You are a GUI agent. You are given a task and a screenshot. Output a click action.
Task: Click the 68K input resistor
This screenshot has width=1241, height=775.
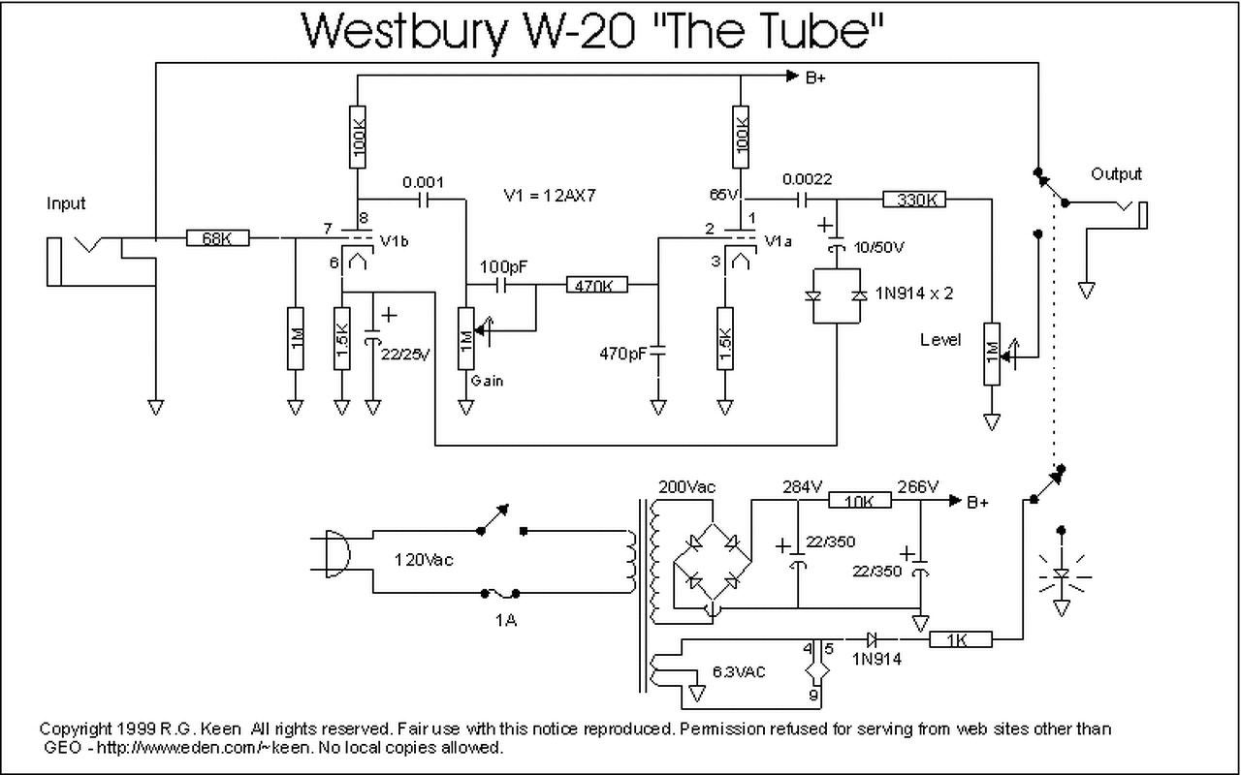[x=218, y=238]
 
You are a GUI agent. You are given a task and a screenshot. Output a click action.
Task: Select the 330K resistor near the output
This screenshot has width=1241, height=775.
[x=914, y=199]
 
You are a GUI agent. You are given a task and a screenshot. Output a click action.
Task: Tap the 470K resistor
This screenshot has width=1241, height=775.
[x=596, y=285]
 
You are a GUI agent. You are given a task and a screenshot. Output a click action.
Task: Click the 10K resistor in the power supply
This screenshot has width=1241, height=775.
[x=860, y=500]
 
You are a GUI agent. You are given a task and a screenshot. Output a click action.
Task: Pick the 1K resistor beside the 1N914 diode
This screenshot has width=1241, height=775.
[x=961, y=639]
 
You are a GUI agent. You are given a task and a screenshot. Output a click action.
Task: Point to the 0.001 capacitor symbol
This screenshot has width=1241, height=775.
[x=424, y=200]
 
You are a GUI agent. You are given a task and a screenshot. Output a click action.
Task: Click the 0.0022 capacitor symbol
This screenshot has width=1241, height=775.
[x=802, y=200]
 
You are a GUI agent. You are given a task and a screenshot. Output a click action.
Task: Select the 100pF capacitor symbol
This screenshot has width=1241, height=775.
[x=501, y=285]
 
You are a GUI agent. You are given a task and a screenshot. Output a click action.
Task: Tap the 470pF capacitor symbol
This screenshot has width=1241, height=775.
[x=658, y=351]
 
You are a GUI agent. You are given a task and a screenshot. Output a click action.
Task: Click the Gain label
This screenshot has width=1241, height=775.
[x=487, y=381]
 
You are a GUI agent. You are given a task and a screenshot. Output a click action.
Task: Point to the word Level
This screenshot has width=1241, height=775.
[x=940, y=339]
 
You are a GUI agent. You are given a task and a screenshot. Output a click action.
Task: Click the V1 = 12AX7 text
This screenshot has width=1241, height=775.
[x=550, y=196]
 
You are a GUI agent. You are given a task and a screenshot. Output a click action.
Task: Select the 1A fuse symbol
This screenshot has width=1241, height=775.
[x=500, y=594]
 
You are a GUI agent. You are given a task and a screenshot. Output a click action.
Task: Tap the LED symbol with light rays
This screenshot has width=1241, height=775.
[x=1062, y=574]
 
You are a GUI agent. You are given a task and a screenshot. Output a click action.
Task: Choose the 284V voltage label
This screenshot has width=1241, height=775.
[x=802, y=486]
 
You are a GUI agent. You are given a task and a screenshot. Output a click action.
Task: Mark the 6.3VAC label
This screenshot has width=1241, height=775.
[x=739, y=672]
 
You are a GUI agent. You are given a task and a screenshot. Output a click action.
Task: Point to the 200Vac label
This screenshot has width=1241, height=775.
[x=687, y=486]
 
